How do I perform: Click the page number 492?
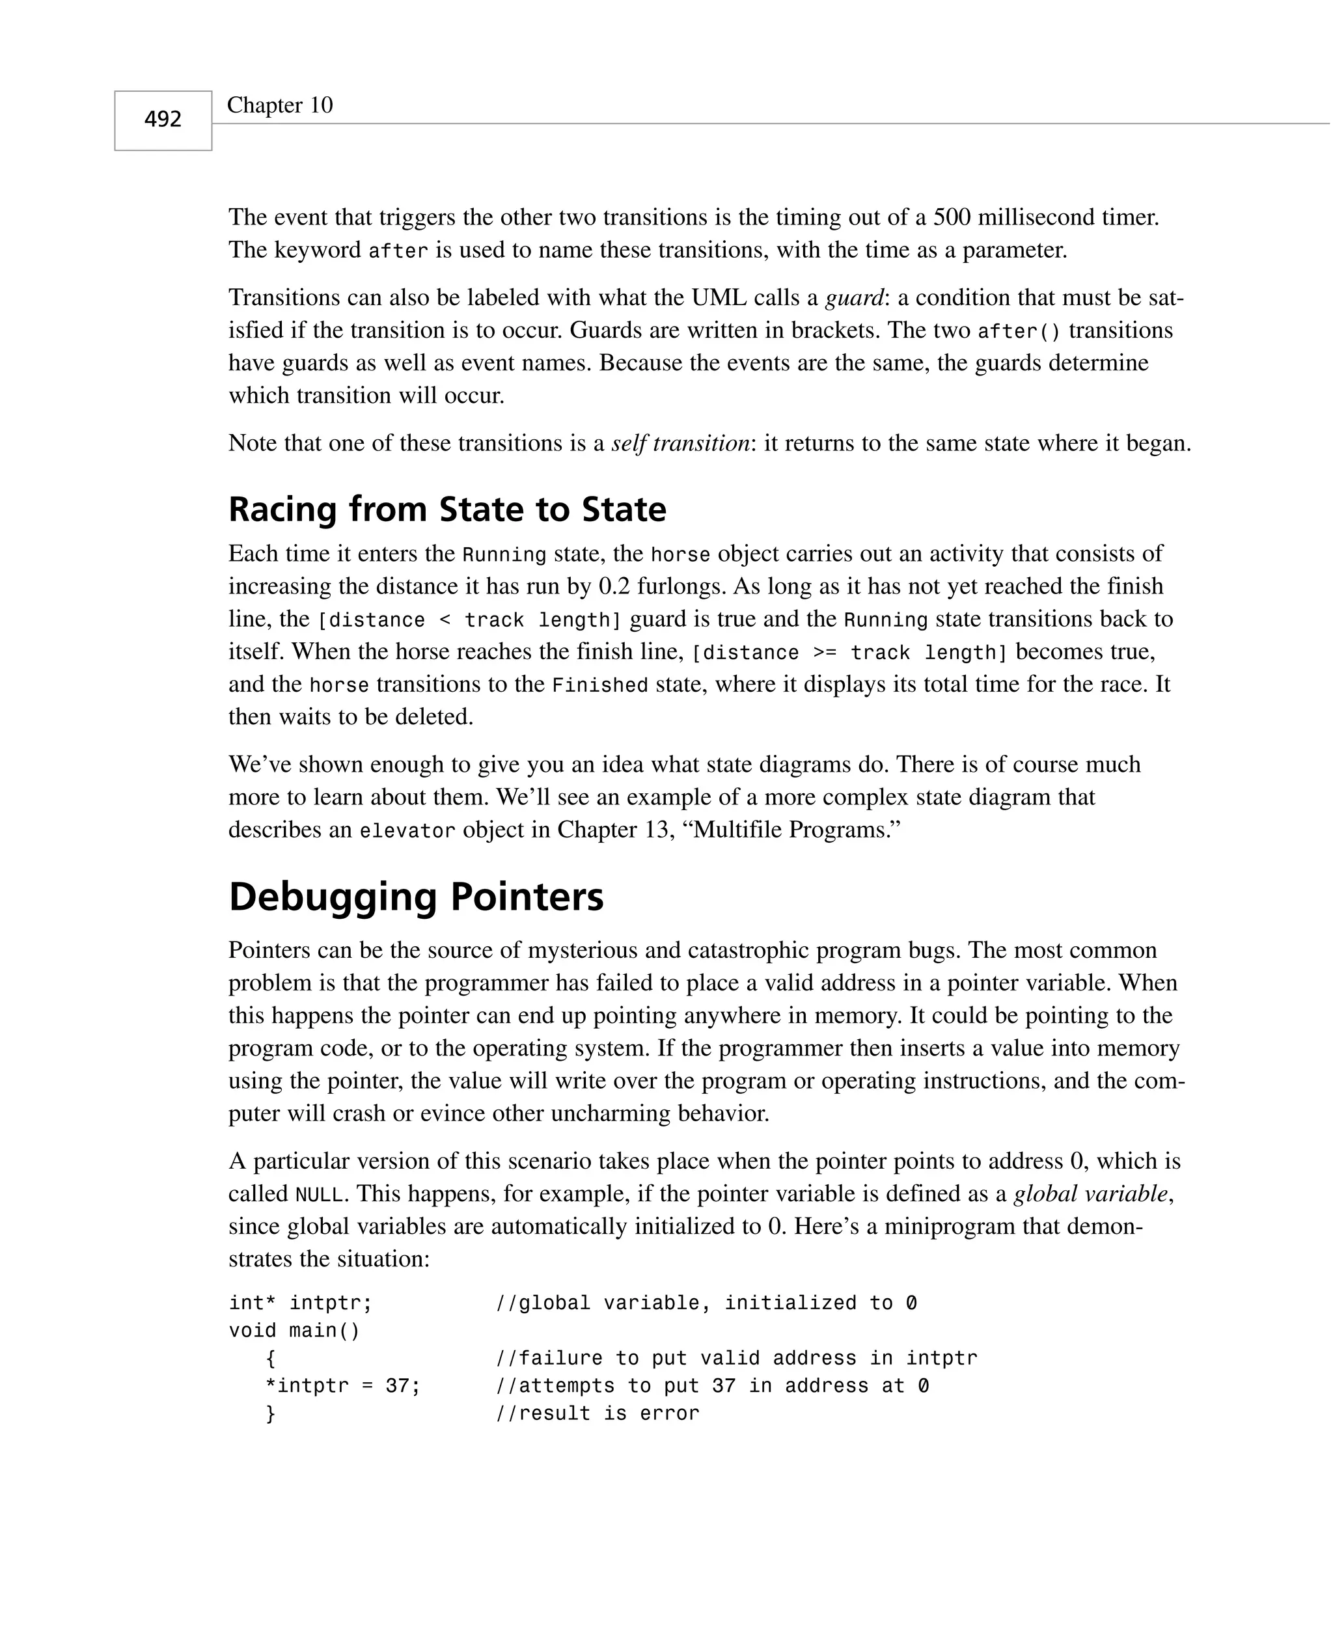(163, 120)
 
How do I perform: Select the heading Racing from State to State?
(447, 510)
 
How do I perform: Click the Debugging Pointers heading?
(416, 897)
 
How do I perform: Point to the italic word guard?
(854, 298)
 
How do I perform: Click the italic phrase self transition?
(680, 444)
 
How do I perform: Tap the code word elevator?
(407, 831)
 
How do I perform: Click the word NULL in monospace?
(319, 1195)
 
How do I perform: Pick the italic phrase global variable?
(1091, 1193)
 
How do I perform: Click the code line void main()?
(294, 1330)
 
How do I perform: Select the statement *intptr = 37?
(342, 1385)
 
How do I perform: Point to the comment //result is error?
(598, 1413)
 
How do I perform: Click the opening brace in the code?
(270, 1359)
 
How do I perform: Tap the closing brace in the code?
(270, 1413)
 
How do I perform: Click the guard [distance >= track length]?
(849, 653)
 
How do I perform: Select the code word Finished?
(599, 685)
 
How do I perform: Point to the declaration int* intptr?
(300, 1303)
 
